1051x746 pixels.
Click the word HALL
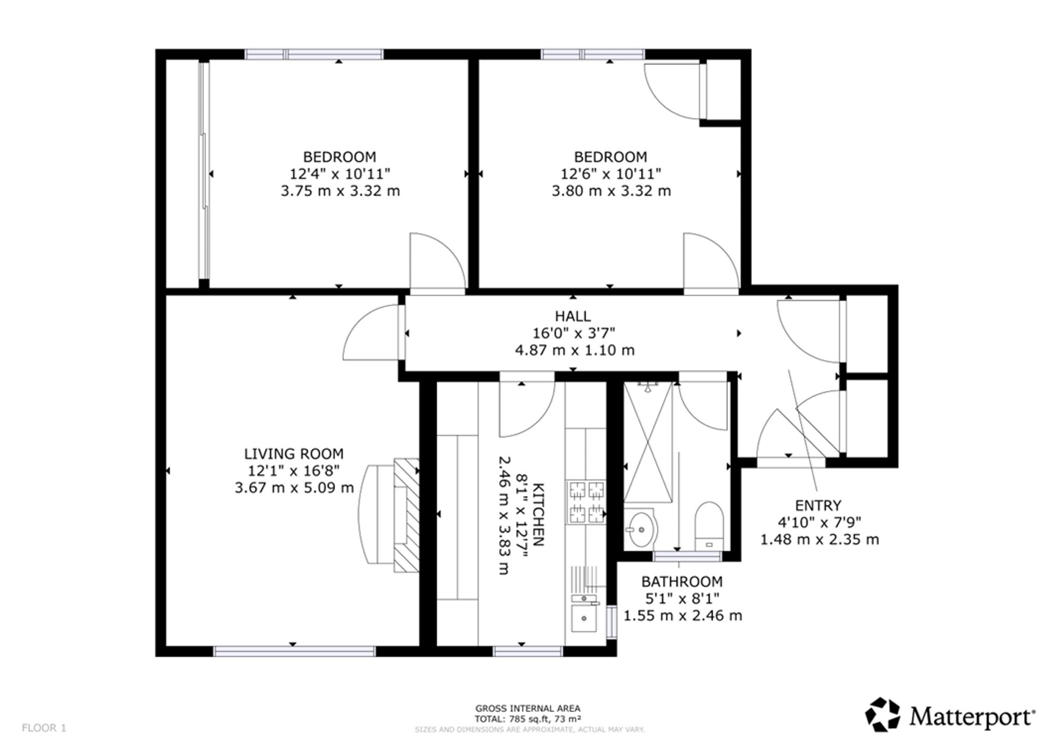[x=573, y=316]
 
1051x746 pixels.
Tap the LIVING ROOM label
[x=294, y=454]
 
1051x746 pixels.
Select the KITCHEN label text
[x=539, y=515]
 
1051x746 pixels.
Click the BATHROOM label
[x=682, y=582]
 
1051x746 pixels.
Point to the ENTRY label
[x=818, y=505]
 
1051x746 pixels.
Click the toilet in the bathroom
[x=709, y=526]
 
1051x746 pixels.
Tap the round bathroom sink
[x=641, y=529]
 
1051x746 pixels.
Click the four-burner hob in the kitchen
[x=586, y=502]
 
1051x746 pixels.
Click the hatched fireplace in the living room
[x=407, y=515]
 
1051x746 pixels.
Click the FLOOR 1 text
[x=44, y=728]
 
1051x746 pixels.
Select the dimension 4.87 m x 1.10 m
[x=574, y=350]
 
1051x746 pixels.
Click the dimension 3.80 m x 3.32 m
[x=611, y=191]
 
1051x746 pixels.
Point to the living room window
[x=294, y=651]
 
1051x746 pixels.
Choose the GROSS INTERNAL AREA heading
[x=528, y=709]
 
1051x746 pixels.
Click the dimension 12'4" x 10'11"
[x=340, y=173]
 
